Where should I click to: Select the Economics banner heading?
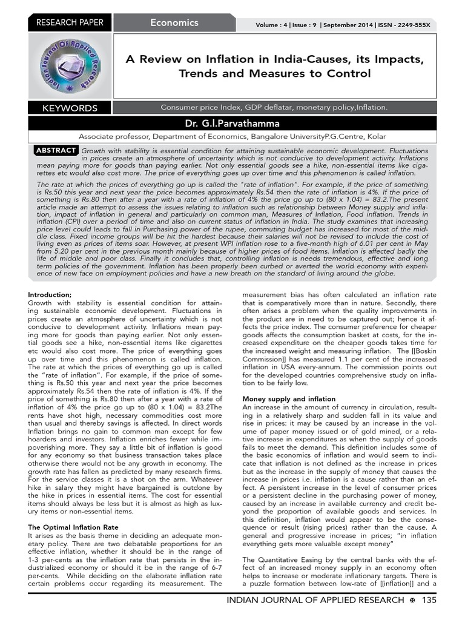tap(174, 23)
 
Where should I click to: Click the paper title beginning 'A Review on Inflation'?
tap(274, 67)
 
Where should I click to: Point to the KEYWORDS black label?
tap(69, 108)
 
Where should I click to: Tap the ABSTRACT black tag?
tap(56, 150)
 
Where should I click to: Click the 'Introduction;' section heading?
tap(50, 294)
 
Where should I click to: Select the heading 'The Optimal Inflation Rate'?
tap(73, 527)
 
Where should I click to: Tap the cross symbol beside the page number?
tap(412, 600)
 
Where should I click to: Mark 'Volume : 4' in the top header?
tap(271, 25)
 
